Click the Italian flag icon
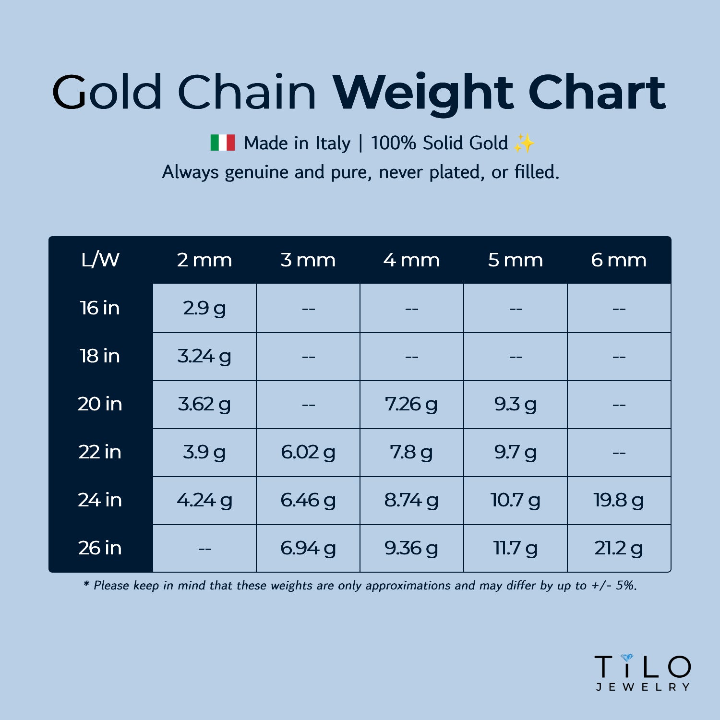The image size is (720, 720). click(x=223, y=143)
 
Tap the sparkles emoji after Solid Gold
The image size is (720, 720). click(x=524, y=143)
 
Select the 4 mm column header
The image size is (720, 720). click(x=411, y=260)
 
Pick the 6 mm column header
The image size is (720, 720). click(x=619, y=260)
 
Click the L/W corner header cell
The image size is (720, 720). click(x=100, y=260)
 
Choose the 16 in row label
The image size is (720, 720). click(x=100, y=308)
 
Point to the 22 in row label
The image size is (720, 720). click(x=100, y=452)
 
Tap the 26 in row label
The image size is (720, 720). click(x=100, y=548)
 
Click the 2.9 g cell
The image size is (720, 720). click(x=204, y=308)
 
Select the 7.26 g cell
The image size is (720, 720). click(x=411, y=404)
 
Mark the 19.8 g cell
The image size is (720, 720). click(x=619, y=500)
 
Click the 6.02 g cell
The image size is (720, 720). click(x=308, y=452)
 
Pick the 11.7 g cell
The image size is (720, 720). click(x=515, y=548)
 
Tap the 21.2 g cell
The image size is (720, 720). click(x=619, y=548)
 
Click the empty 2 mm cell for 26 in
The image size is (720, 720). click(x=204, y=548)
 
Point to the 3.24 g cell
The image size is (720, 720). click(x=204, y=356)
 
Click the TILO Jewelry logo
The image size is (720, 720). click(x=643, y=672)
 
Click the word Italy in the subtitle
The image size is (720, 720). click(x=333, y=143)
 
